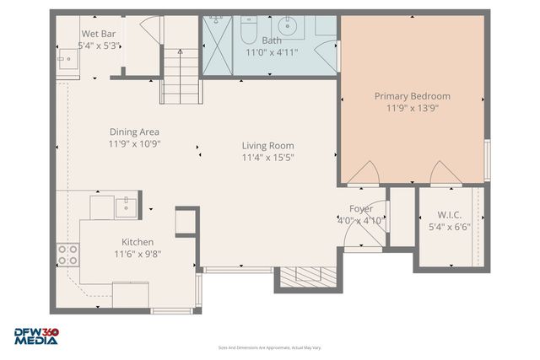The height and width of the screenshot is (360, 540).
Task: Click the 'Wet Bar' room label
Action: click(x=98, y=34)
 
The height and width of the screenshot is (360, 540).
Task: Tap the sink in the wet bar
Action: click(x=66, y=59)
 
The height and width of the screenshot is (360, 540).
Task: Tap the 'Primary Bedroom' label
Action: click(x=413, y=96)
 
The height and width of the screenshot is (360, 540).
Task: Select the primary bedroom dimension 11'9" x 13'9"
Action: click(x=413, y=108)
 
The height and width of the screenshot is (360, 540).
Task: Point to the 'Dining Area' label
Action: click(x=134, y=132)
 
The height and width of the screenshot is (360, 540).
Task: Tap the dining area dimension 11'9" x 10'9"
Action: click(x=134, y=143)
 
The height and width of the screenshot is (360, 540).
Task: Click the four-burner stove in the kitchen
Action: click(x=67, y=255)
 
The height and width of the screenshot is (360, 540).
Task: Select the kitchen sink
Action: click(x=126, y=205)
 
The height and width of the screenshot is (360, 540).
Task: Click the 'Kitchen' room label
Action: click(x=138, y=242)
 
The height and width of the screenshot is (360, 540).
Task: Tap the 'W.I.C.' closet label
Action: click(x=449, y=215)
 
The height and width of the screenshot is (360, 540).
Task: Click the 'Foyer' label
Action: click(x=361, y=209)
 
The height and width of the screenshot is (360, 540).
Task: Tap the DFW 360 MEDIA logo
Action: click(x=36, y=336)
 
